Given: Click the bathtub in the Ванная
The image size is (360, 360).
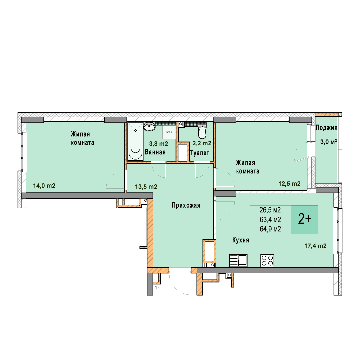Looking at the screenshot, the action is pos(135,141).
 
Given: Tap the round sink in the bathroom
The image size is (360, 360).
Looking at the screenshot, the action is pos(149,127).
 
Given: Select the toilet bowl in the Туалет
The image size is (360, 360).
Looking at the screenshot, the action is pos(202,132).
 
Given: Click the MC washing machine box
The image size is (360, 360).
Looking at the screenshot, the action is pos(169,132).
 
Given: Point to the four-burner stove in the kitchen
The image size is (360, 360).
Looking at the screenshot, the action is pos(267,260).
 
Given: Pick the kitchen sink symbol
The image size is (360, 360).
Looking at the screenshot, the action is pos(238,260).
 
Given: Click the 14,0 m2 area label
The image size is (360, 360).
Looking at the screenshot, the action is pos(44,186).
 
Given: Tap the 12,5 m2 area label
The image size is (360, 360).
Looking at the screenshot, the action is pos(289,184).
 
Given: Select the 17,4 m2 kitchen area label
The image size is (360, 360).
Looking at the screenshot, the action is pos(315,246).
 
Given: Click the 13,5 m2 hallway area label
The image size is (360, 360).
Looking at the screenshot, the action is pos(146,187).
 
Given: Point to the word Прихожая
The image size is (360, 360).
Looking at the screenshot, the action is pos(186,205).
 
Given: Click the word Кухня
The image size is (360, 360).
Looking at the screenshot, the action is pos(241,240).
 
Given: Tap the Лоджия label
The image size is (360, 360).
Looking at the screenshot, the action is pos(326,128).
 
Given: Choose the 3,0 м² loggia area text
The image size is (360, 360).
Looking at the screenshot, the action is pos(329,142).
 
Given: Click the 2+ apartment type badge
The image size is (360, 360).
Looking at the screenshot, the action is pos(305,219).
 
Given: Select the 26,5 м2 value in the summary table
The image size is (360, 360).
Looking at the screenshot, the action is pos(270,210).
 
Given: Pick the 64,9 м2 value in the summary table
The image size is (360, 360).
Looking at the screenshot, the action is pos(270,229).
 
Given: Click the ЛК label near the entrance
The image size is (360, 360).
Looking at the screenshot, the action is pos(157,288).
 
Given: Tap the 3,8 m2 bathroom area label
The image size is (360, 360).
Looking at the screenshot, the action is pos(159,144).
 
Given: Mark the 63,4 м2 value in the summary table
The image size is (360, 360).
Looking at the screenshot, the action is pos(270,220).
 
